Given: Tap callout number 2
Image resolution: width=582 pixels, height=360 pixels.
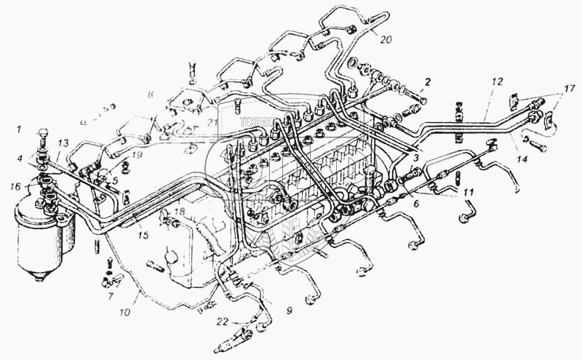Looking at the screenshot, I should tap(428, 81).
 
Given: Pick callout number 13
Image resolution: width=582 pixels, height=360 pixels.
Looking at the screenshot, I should tap(61, 143).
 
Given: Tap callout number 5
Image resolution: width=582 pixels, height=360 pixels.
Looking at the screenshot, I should tap(113, 175).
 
